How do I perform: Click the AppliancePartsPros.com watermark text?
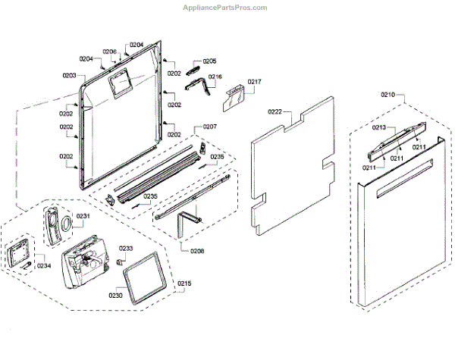click(x=225, y=8)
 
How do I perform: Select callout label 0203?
click(x=69, y=75)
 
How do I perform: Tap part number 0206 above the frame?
click(x=110, y=52)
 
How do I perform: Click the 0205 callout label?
click(x=209, y=61)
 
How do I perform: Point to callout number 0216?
click(x=215, y=77)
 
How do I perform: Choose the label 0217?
click(x=254, y=82)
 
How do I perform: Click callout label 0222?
click(x=275, y=111)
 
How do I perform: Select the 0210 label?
click(x=388, y=95)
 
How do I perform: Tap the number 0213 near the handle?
click(x=379, y=128)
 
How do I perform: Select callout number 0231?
click(x=83, y=216)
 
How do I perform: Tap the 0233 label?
click(x=126, y=249)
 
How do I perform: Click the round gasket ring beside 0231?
click(x=66, y=224)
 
